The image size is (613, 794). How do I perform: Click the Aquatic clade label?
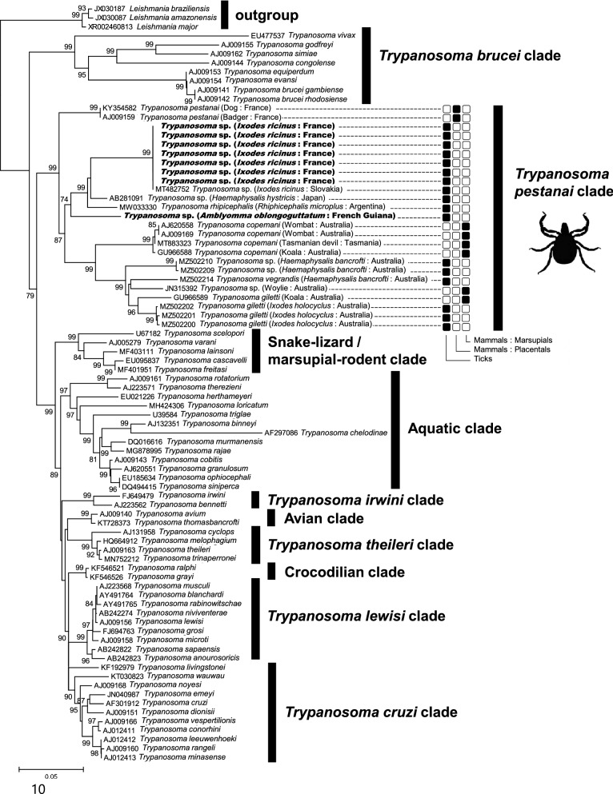455,429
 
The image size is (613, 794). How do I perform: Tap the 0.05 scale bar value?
52,776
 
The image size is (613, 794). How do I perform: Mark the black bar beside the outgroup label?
225,14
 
